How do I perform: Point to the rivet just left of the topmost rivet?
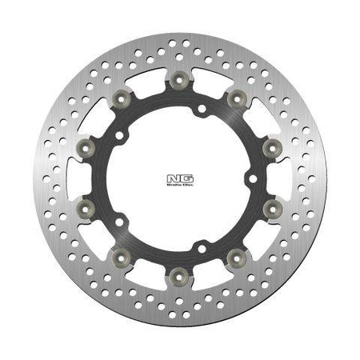pos(121,98)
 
